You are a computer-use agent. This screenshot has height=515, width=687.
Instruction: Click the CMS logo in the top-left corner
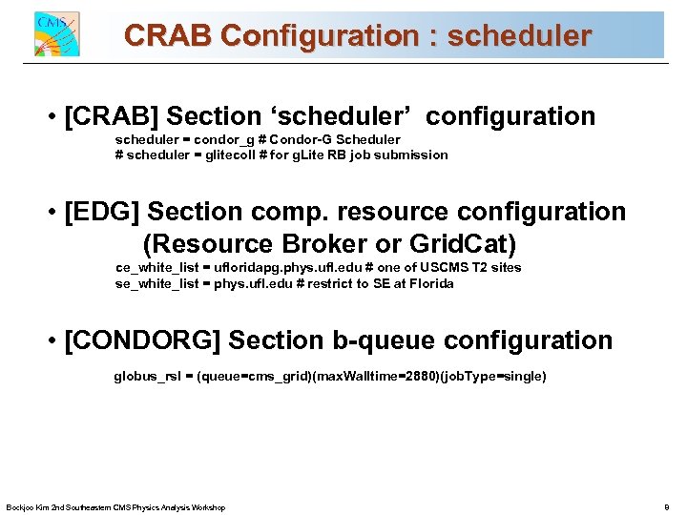(56, 34)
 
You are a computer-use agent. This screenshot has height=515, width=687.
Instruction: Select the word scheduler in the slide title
(519, 36)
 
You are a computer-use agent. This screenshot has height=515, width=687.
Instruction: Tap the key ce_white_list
(156, 268)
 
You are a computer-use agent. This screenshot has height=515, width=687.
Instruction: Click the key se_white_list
(156, 283)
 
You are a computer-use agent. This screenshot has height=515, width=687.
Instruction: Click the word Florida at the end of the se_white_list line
(431, 283)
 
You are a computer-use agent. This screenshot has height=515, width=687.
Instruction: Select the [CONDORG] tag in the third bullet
(143, 340)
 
